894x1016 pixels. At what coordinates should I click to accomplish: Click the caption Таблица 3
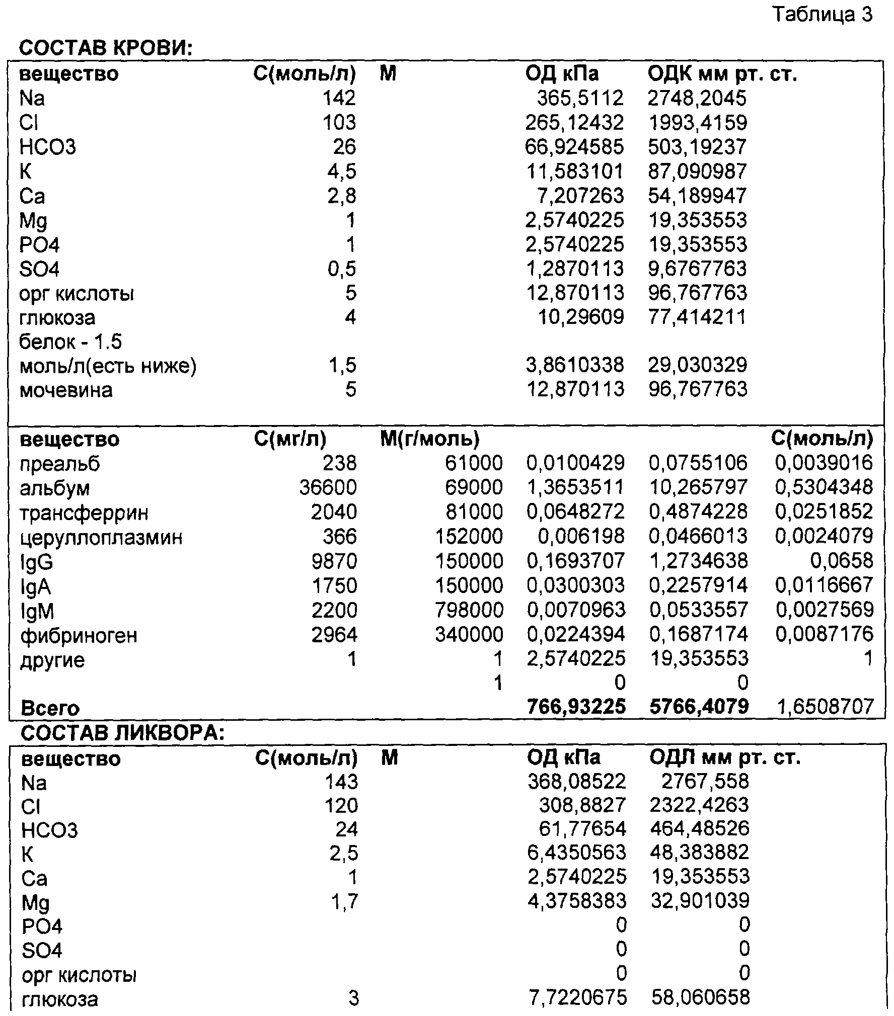click(822, 15)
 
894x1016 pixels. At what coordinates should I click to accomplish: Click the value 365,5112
click(580, 98)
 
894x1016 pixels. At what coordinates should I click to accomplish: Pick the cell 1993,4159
click(697, 123)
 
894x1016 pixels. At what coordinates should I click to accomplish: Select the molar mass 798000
click(469, 610)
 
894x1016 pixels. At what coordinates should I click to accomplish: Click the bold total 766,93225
click(576, 707)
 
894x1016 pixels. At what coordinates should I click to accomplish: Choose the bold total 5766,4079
click(699, 707)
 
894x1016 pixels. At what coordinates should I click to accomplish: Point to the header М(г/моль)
click(429, 440)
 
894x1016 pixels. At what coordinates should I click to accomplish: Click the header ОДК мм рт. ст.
click(722, 74)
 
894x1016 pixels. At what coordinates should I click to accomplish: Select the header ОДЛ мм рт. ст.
click(724, 757)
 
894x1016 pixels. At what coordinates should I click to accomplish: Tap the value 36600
click(328, 487)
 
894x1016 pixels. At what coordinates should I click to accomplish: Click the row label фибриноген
click(79, 635)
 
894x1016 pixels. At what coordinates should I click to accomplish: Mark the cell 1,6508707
click(825, 707)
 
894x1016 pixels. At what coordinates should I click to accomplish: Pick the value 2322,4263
click(699, 805)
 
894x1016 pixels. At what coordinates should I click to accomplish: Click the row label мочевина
click(66, 390)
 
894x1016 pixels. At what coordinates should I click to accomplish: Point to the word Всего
click(50, 708)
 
